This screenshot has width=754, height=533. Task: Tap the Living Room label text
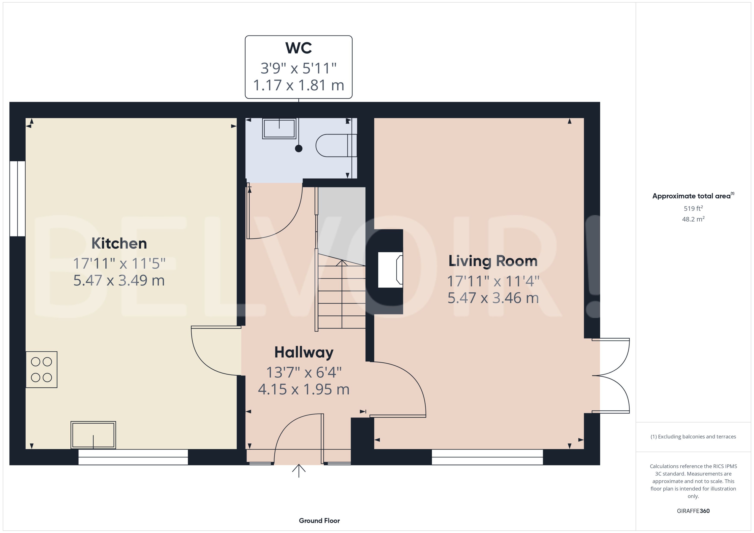point(493,261)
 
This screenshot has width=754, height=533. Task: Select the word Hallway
point(304,352)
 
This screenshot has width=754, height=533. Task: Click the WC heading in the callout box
point(298,48)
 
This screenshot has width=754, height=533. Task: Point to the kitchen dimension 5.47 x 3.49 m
point(119,281)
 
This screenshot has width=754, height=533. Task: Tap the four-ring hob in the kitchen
point(41,369)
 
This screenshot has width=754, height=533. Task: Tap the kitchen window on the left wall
point(17,199)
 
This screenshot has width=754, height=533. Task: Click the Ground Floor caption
point(319,521)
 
